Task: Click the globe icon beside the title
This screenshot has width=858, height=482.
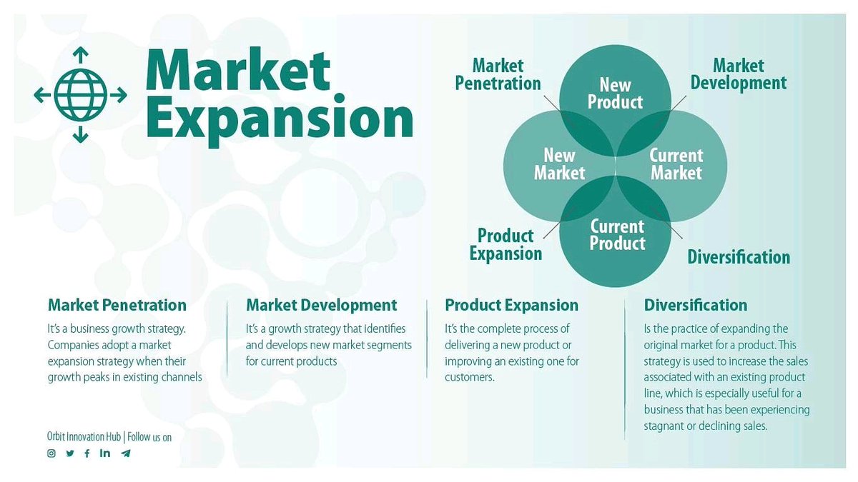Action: (x=80, y=94)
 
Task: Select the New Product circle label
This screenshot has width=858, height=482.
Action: (x=615, y=94)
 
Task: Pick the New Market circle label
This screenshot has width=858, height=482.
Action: (x=559, y=164)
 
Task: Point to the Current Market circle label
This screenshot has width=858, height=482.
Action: (x=676, y=164)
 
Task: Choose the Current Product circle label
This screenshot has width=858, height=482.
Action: (x=617, y=235)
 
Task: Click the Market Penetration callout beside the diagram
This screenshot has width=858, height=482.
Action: (x=498, y=75)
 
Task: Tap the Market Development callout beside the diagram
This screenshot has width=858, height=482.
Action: (x=738, y=75)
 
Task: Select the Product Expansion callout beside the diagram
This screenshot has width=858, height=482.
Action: (x=506, y=244)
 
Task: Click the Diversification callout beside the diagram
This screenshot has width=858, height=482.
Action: (x=739, y=257)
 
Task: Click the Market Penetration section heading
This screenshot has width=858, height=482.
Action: (x=117, y=305)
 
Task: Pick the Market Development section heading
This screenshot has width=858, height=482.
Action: (x=321, y=305)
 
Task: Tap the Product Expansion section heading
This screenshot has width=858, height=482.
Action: (x=511, y=305)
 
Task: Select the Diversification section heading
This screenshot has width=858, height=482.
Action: (x=695, y=305)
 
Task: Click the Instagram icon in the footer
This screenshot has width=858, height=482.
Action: (x=51, y=453)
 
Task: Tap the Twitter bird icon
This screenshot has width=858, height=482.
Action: (x=70, y=453)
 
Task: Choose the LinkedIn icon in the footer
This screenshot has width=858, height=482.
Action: (x=105, y=453)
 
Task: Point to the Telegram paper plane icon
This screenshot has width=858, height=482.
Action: (x=126, y=453)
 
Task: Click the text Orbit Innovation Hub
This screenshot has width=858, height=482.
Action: (x=84, y=436)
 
